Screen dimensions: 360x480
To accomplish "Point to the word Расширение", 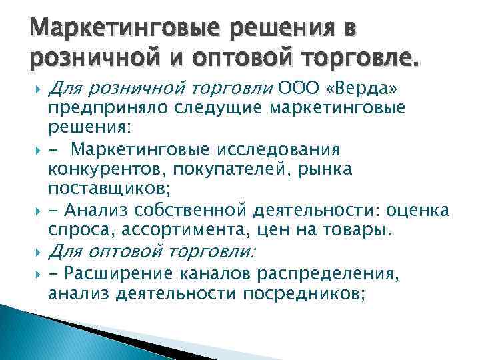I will (x=125, y=273).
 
